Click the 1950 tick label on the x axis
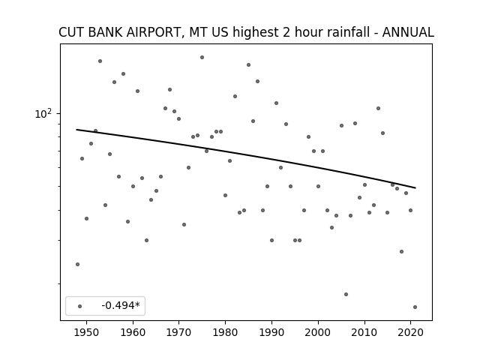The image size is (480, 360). [x=87, y=332]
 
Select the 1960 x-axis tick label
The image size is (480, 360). [x=133, y=332]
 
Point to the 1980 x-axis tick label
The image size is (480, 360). [x=225, y=332]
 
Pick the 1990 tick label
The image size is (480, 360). [x=271, y=332]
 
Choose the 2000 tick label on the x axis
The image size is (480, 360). [x=318, y=332]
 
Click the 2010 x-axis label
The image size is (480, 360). [x=364, y=332]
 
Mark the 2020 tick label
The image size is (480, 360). [x=410, y=332]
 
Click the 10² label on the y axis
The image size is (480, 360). [x=43, y=114]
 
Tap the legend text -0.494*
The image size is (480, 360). [x=121, y=305]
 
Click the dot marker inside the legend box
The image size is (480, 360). [x=80, y=306]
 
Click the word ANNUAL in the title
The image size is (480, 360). [x=408, y=32]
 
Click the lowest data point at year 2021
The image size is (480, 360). [x=415, y=307]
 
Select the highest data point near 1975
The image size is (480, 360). [x=202, y=57]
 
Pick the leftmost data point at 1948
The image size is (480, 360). [x=77, y=264]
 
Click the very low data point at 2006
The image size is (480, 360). [x=346, y=294]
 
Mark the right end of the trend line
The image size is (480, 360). [x=415, y=187]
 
